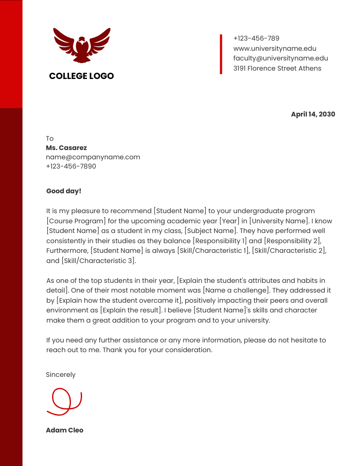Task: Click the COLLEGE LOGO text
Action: (82, 76)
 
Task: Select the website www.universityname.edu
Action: (274, 49)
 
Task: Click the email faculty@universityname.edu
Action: (280, 58)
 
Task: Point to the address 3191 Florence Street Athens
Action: (277, 68)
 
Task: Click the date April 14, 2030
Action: (313, 114)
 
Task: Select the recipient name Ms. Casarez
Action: (66, 148)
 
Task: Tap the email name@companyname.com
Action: (93, 157)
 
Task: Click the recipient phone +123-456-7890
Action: (71, 166)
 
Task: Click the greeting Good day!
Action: (64, 191)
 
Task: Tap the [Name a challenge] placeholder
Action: (236, 290)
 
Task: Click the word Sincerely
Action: (60, 375)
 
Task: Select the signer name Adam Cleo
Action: (64, 430)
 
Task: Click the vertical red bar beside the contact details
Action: (221, 54)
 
